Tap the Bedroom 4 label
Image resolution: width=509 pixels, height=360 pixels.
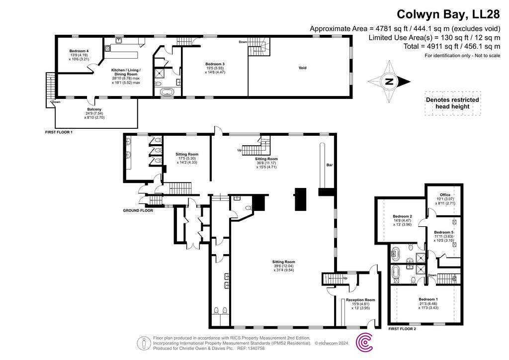click(x=79, y=51)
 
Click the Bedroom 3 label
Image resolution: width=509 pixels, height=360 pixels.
click(x=215, y=64)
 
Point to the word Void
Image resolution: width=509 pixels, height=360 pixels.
click(x=302, y=68)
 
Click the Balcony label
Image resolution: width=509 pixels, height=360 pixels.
click(x=94, y=109)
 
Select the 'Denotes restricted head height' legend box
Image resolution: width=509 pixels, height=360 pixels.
click(x=452, y=103)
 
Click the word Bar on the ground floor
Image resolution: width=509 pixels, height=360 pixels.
click(x=329, y=165)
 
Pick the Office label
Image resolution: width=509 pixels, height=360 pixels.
click(x=445, y=195)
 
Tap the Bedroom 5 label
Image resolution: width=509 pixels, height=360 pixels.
click(x=443, y=232)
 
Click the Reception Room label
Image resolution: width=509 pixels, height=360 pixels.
click(x=361, y=300)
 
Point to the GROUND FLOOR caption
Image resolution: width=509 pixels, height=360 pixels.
click(x=138, y=210)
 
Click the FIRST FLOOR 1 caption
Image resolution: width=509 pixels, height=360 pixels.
click(x=58, y=133)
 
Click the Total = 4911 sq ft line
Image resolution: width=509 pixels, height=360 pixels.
click(x=434, y=47)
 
